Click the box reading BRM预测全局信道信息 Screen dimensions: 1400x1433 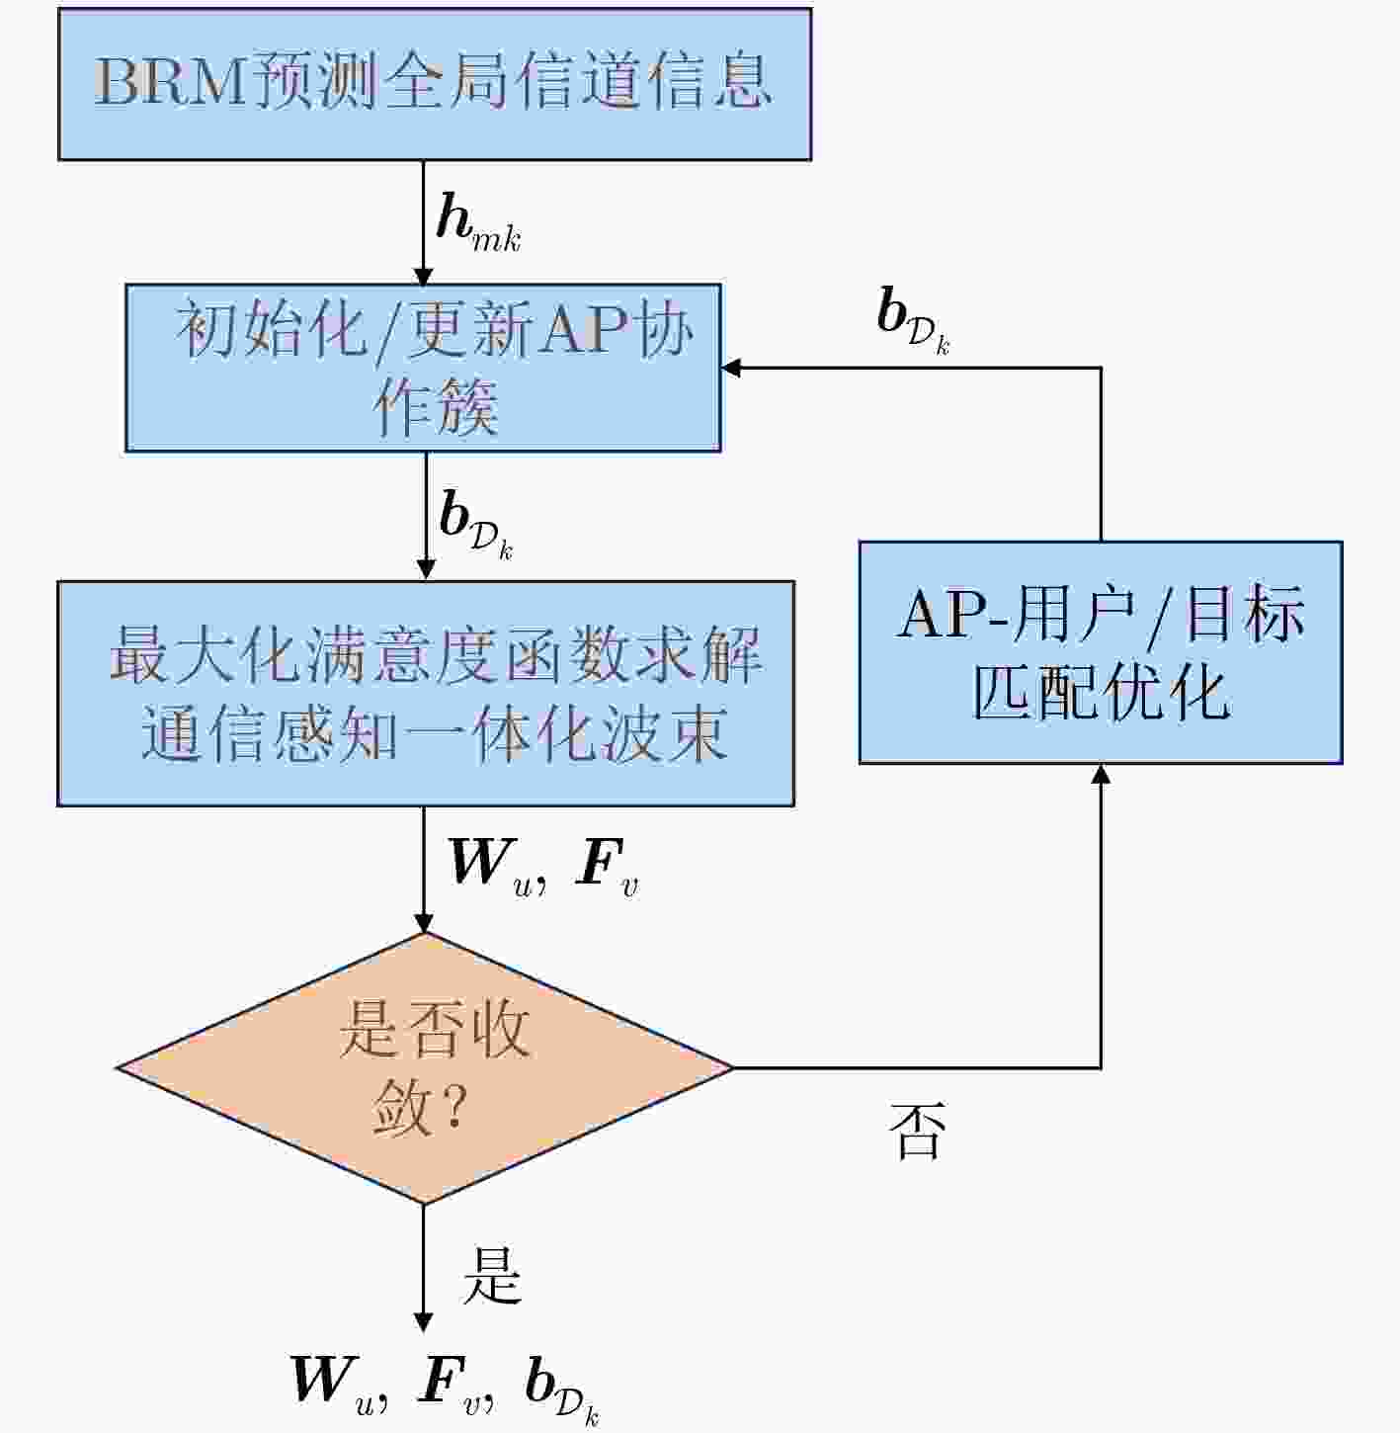[x=435, y=84]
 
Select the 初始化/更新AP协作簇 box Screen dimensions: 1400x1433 [x=423, y=368]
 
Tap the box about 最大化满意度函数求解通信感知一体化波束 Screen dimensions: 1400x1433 [x=426, y=694]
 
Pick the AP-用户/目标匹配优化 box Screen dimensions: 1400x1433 [x=1102, y=652]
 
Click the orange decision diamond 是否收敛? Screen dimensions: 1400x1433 [x=425, y=1067]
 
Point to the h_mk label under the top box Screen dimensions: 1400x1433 [x=479, y=223]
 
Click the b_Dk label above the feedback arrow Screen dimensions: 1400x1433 [x=914, y=322]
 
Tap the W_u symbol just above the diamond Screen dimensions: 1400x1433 [x=497, y=866]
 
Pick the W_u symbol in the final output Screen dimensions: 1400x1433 [x=339, y=1383]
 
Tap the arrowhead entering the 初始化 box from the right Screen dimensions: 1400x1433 [x=731, y=368]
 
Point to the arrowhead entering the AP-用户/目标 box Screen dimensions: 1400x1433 [x=1102, y=774]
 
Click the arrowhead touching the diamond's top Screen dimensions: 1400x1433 [x=423, y=923]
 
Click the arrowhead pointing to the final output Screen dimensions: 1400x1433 [x=423, y=1322]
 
